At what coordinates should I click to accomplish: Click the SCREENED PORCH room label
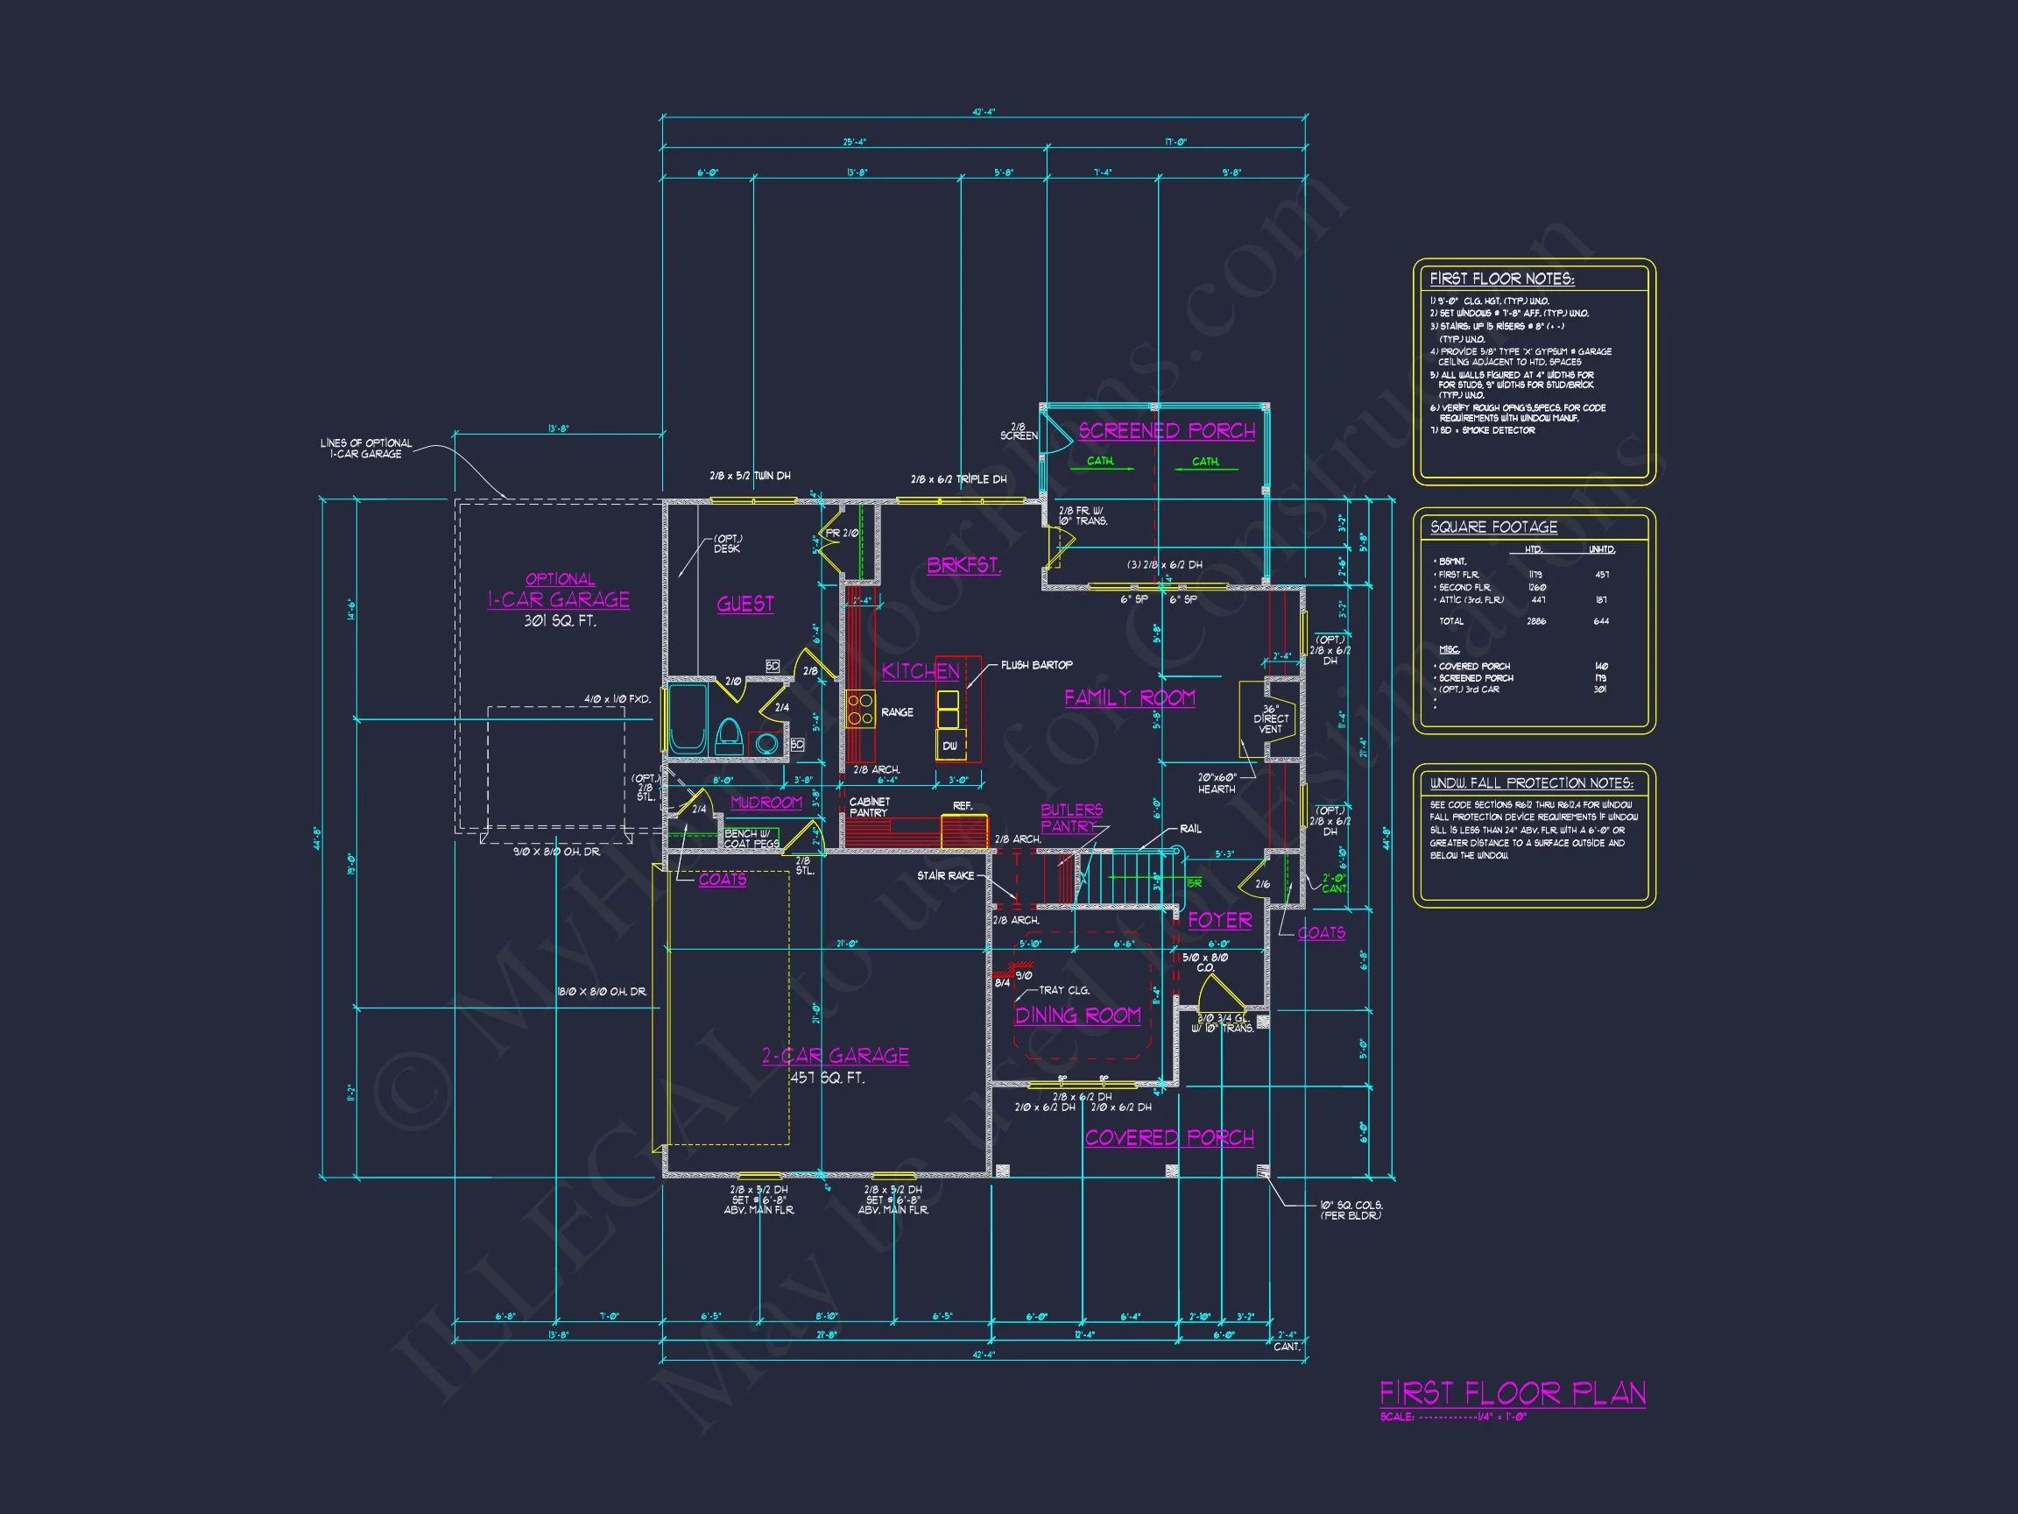click(1166, 431)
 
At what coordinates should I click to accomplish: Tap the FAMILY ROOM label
click(1129, 697)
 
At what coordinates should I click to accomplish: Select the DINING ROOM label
click(1077, 1015)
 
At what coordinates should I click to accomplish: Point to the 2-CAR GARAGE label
click(835, 1055)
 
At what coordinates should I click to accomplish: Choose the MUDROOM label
click(766, 803)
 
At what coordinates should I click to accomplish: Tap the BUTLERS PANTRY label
click(1071, 817)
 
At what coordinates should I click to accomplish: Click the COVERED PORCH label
click(1168, 1137)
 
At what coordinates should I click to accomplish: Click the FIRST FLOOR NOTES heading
click(1501, 279)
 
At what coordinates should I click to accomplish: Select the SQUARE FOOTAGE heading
click(1493, 527)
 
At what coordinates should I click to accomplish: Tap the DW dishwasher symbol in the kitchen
click(949, 746)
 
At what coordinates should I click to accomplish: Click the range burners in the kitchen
click(860, 709)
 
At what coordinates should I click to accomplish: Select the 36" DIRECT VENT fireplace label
click(1270, 719)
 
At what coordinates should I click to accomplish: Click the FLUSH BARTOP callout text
click(1036, 665)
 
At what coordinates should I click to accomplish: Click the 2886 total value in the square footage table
click(1535, 621)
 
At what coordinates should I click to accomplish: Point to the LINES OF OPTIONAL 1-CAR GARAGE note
click(366, 448)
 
